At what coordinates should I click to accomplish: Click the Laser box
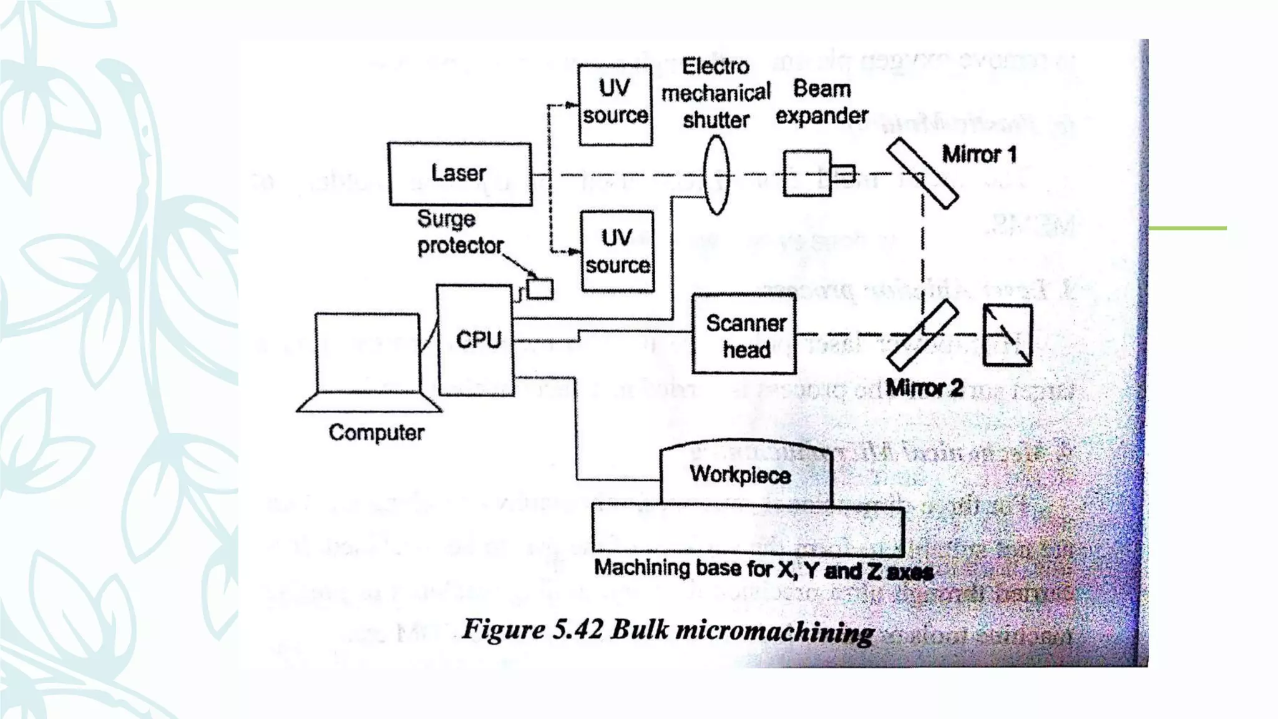click(x=460, y=174)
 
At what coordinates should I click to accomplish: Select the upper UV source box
click(x=615, y=104)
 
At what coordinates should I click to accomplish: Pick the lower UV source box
click(x=617, y=252)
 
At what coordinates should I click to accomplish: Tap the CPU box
click(x=476, y=340)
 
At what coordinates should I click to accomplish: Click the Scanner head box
click(x=744, y=335)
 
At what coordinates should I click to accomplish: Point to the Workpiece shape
click(x=746, y=474)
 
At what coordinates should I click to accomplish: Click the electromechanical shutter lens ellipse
click(x=716, y=175)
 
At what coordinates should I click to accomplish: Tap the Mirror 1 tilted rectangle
click(x=922, y=174)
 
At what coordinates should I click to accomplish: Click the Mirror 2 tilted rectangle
click(x=922, y=335)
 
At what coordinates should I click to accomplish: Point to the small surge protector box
click(x=540, y=289)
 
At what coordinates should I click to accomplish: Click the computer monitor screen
click(x=367, y=353)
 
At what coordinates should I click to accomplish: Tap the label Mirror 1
click(x=979, y=154)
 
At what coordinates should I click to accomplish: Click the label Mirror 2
click(x=924, y=388)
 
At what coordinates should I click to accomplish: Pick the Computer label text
click(x=376, y=433)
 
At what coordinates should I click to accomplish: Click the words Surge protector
click(x=459, y=232)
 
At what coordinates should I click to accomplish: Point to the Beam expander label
click(x=822, y=102)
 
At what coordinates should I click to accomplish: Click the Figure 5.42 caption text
click(x=668, y=630)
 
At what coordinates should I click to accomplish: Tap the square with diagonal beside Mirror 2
click(x=1007, y=335)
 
